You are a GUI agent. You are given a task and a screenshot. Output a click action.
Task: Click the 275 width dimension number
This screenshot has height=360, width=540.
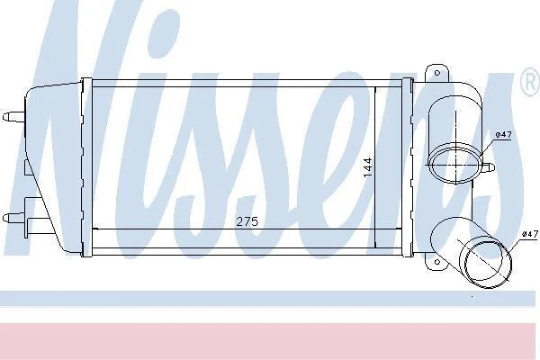(x=247, y=221)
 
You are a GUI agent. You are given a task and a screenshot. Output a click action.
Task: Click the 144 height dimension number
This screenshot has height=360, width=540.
(x=368, y=167)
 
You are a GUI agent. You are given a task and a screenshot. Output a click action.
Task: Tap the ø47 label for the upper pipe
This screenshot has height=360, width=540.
(x=503, y=135)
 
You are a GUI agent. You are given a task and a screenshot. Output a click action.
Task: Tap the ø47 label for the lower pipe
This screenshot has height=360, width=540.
(x=530, y=234)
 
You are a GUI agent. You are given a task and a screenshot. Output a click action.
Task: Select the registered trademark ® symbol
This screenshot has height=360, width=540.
(x=531, y=82)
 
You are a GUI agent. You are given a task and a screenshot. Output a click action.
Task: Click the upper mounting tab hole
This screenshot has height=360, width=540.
(x=437, y=73)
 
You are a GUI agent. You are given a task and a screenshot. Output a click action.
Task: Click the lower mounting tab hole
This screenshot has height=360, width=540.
(x=437, y=262)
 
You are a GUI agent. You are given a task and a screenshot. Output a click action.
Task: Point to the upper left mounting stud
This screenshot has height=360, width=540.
(x=13, y=116)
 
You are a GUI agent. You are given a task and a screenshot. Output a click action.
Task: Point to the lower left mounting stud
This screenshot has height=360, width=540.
(x=13, y=218)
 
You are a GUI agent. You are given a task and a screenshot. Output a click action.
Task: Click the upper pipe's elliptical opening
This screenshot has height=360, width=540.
(x=455, y=165)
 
